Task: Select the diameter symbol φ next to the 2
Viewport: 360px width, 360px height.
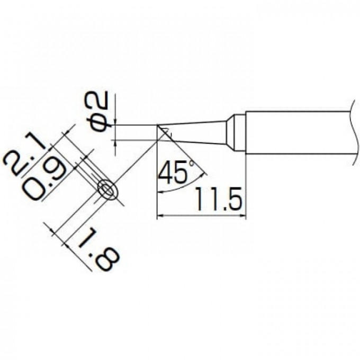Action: pyautogui.click(x=101, y=122)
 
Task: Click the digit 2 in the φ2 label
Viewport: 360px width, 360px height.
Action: pyautogui.click(x=101, y=100)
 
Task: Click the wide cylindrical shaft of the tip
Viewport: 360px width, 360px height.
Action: pyautogui.click(x=296, y=133)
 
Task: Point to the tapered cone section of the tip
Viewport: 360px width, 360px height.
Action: pyautogui.click(x=201, y=132)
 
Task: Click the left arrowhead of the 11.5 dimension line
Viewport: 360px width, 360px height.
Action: pyautogui.click(x=161, y=215)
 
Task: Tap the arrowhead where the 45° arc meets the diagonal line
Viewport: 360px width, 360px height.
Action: pyautogui.click(x=203, y=173)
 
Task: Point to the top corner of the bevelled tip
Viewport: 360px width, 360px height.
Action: pyautogui.click(x=158, y=125)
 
